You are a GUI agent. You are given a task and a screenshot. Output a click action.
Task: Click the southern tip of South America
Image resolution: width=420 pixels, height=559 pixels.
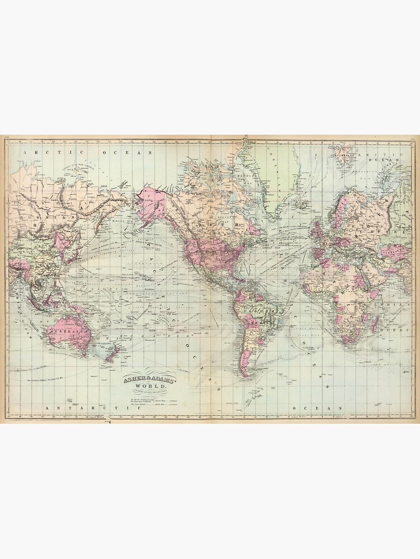[245, 373]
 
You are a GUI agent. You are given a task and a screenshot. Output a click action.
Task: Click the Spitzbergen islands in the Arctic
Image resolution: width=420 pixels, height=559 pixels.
[343, 151]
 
